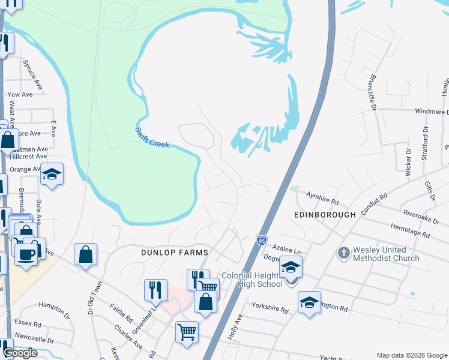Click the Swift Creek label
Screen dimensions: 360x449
152,137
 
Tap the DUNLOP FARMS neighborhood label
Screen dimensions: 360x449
174,253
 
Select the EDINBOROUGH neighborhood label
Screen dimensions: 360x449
325,214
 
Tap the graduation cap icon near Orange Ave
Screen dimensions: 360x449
52,174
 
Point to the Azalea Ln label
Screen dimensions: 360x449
286,247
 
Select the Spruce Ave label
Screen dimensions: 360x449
28,71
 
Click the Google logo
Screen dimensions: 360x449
20,353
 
